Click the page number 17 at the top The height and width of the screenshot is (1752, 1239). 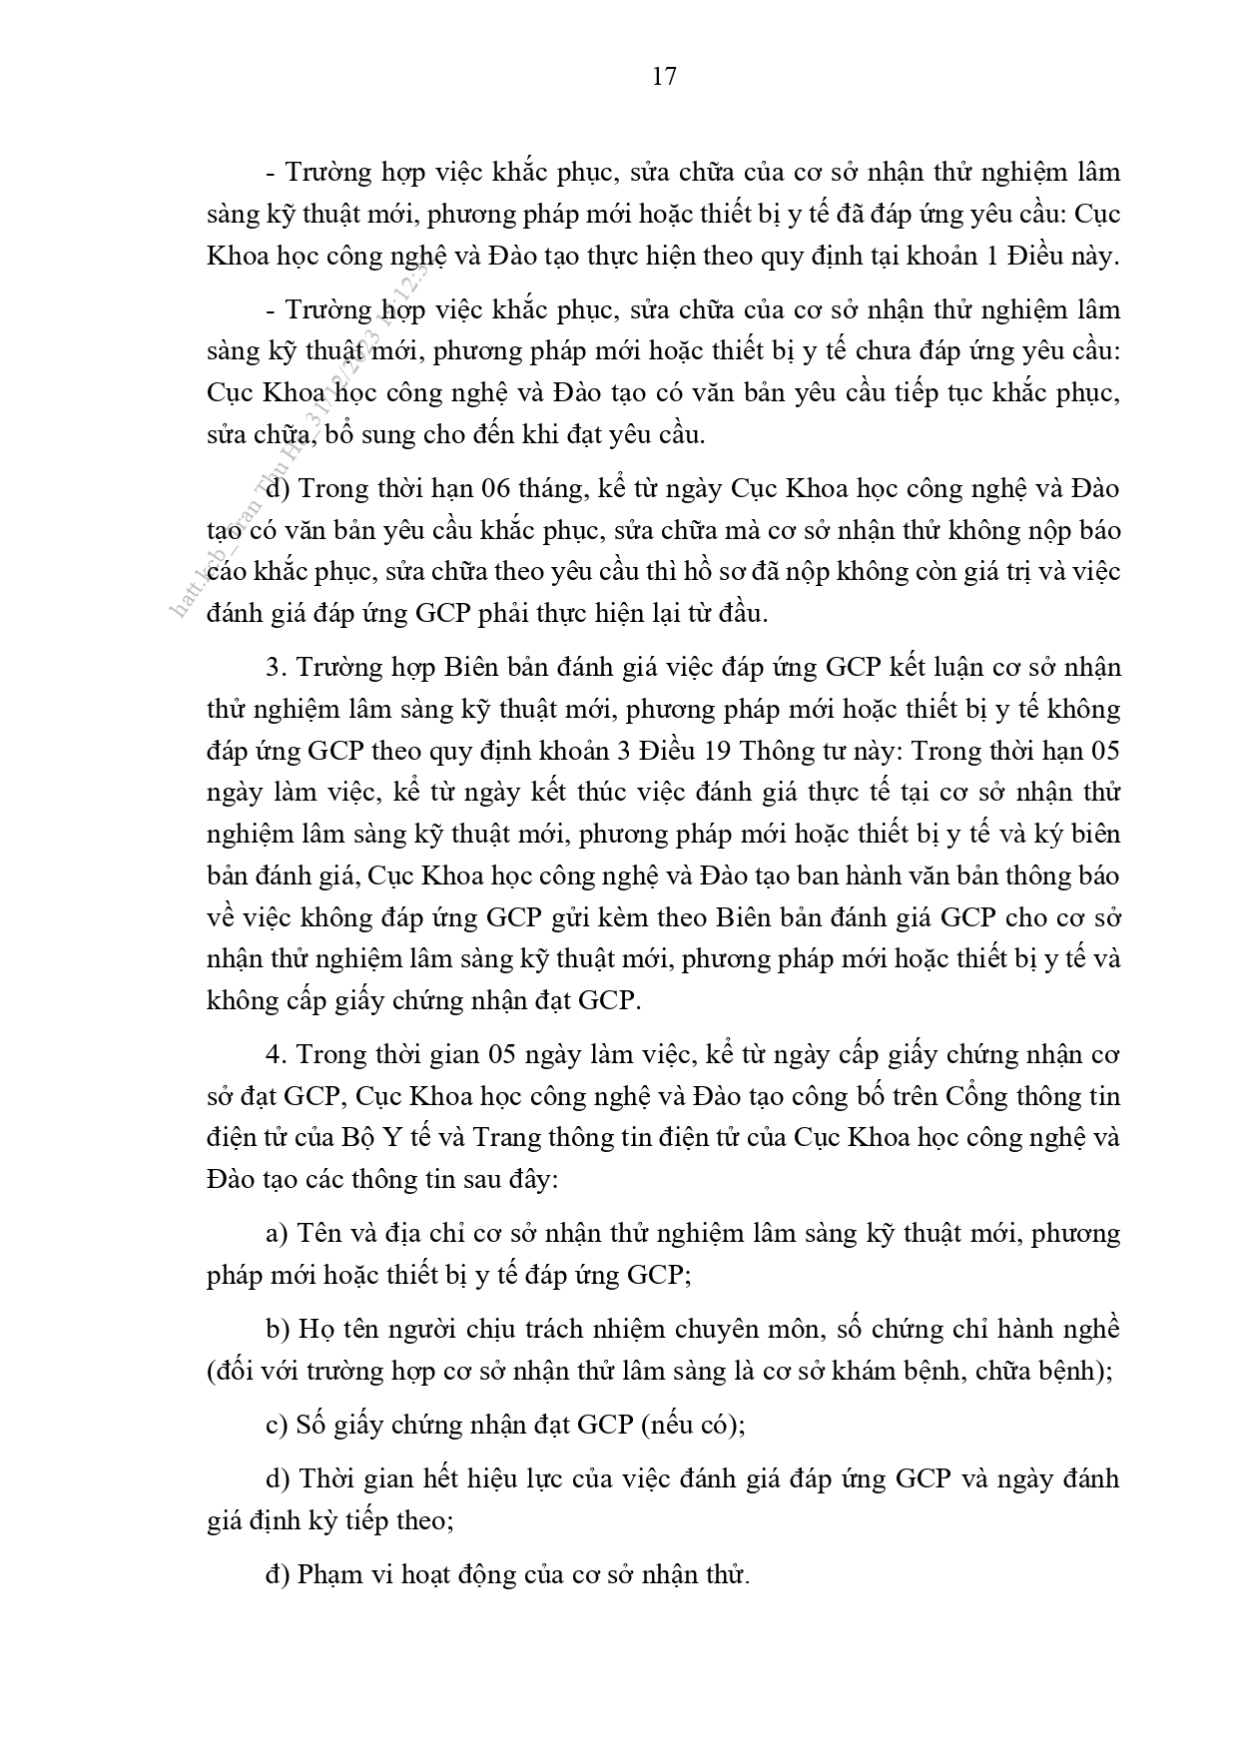pyautogui.click(x=664, y=77)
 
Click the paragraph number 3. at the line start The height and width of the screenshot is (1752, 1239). pyautogui.click(x=277, y=667)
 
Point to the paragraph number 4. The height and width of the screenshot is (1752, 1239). pyautogui.click(x=277, y=1054)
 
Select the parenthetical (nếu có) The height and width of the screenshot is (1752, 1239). pyautogui.click(x=693, y=1425)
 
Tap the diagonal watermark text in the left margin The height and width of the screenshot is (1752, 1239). pyautogui.click(x=300, y=439)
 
